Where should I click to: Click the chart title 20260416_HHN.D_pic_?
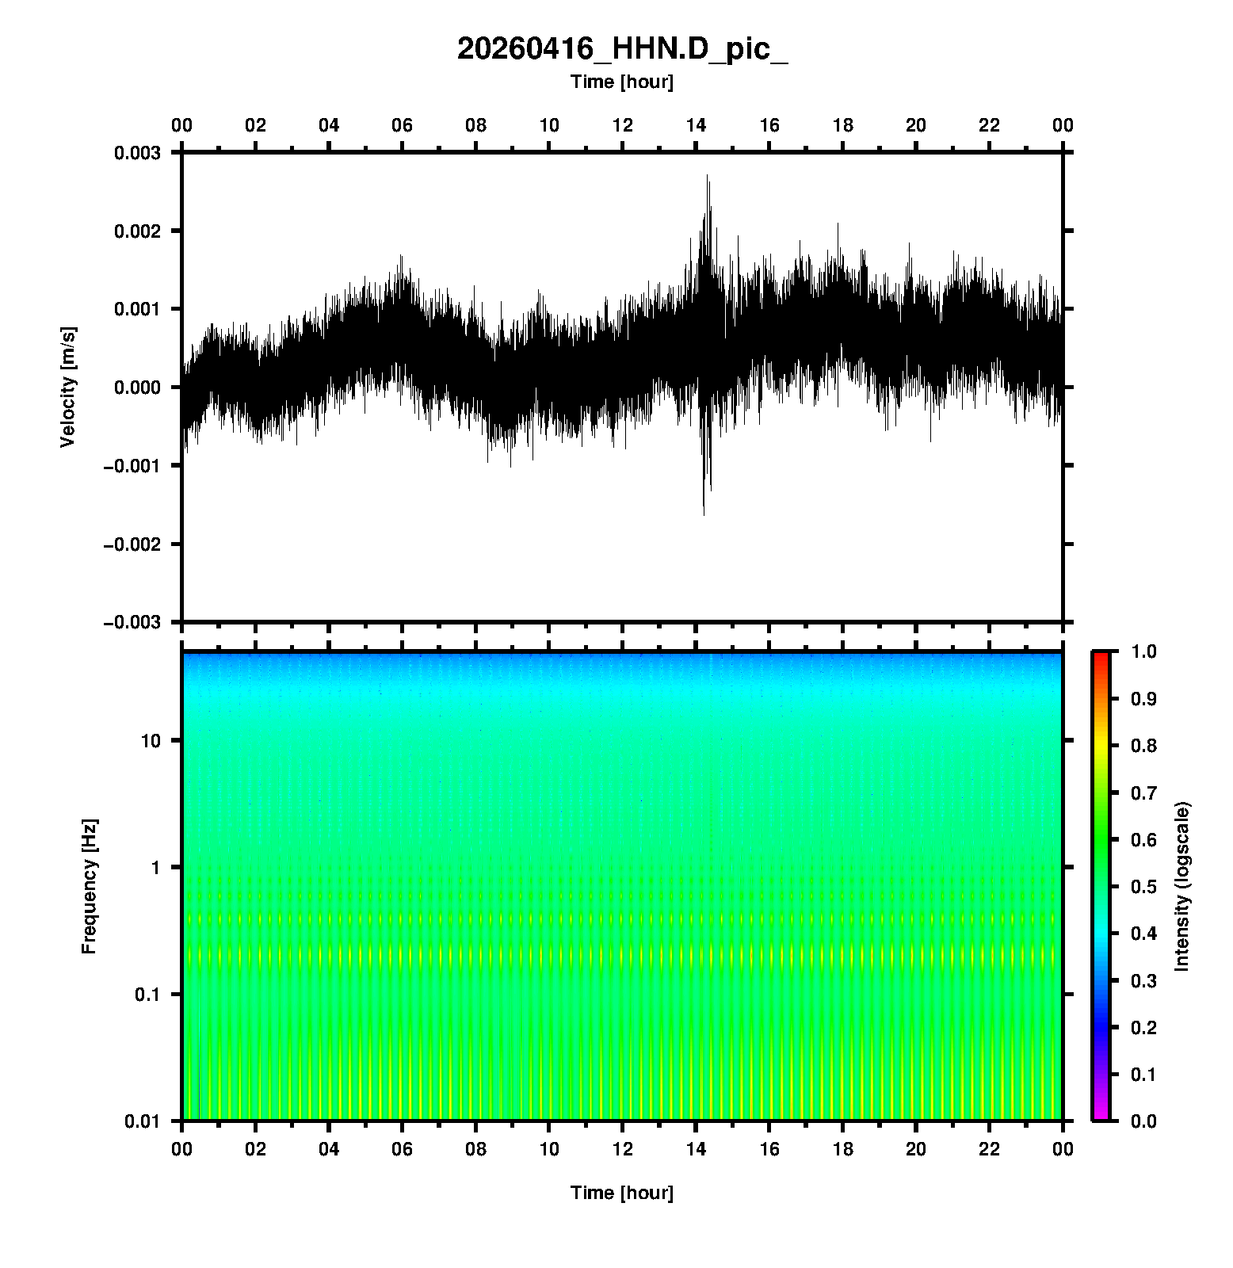622,49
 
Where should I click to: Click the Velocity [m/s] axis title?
68,387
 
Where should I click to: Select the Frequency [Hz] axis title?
89,887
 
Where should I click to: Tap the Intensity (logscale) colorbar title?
1182,886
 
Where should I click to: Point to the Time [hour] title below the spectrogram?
622,1193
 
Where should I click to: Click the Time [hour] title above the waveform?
622,82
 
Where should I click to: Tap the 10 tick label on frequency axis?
150,741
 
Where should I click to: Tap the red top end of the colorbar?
1101,656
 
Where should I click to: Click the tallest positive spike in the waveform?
708,177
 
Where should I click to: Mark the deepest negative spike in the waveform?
704,514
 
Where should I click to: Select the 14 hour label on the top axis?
696,125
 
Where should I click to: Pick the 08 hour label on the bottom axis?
475,1149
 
